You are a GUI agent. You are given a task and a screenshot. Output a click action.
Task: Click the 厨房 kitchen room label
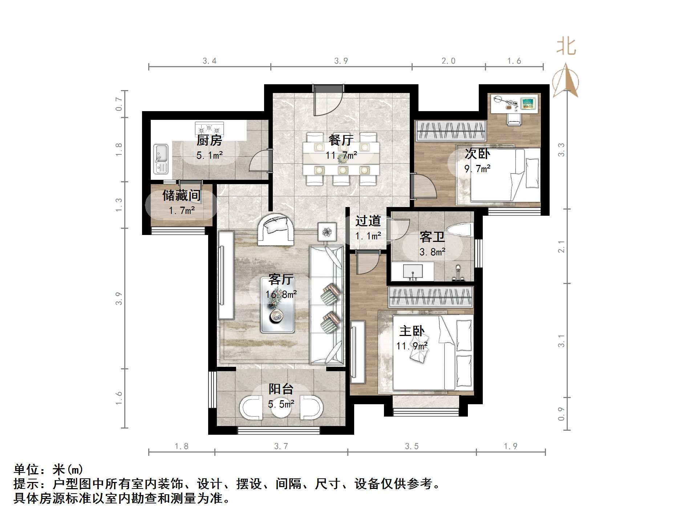point(209,140)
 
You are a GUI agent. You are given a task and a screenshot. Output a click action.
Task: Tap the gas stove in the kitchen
point(209,128)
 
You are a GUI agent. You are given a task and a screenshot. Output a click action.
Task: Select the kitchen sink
point(161,159)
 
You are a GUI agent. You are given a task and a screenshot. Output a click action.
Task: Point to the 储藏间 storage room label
point(181,196)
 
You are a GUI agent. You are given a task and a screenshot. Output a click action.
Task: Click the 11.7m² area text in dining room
point(341,155)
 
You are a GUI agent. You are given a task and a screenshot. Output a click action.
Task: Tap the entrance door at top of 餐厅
point(328,100)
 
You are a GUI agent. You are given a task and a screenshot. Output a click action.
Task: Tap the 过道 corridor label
point(368,221)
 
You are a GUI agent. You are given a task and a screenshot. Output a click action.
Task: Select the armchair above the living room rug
point(275,229)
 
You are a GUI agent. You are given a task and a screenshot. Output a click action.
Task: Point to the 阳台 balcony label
point(281,389)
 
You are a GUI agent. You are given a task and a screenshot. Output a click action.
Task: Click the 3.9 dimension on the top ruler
point(341,61)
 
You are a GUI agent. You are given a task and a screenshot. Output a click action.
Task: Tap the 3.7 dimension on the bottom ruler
point(281,446)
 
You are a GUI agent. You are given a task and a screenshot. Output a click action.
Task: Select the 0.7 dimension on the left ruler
point(119,104)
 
